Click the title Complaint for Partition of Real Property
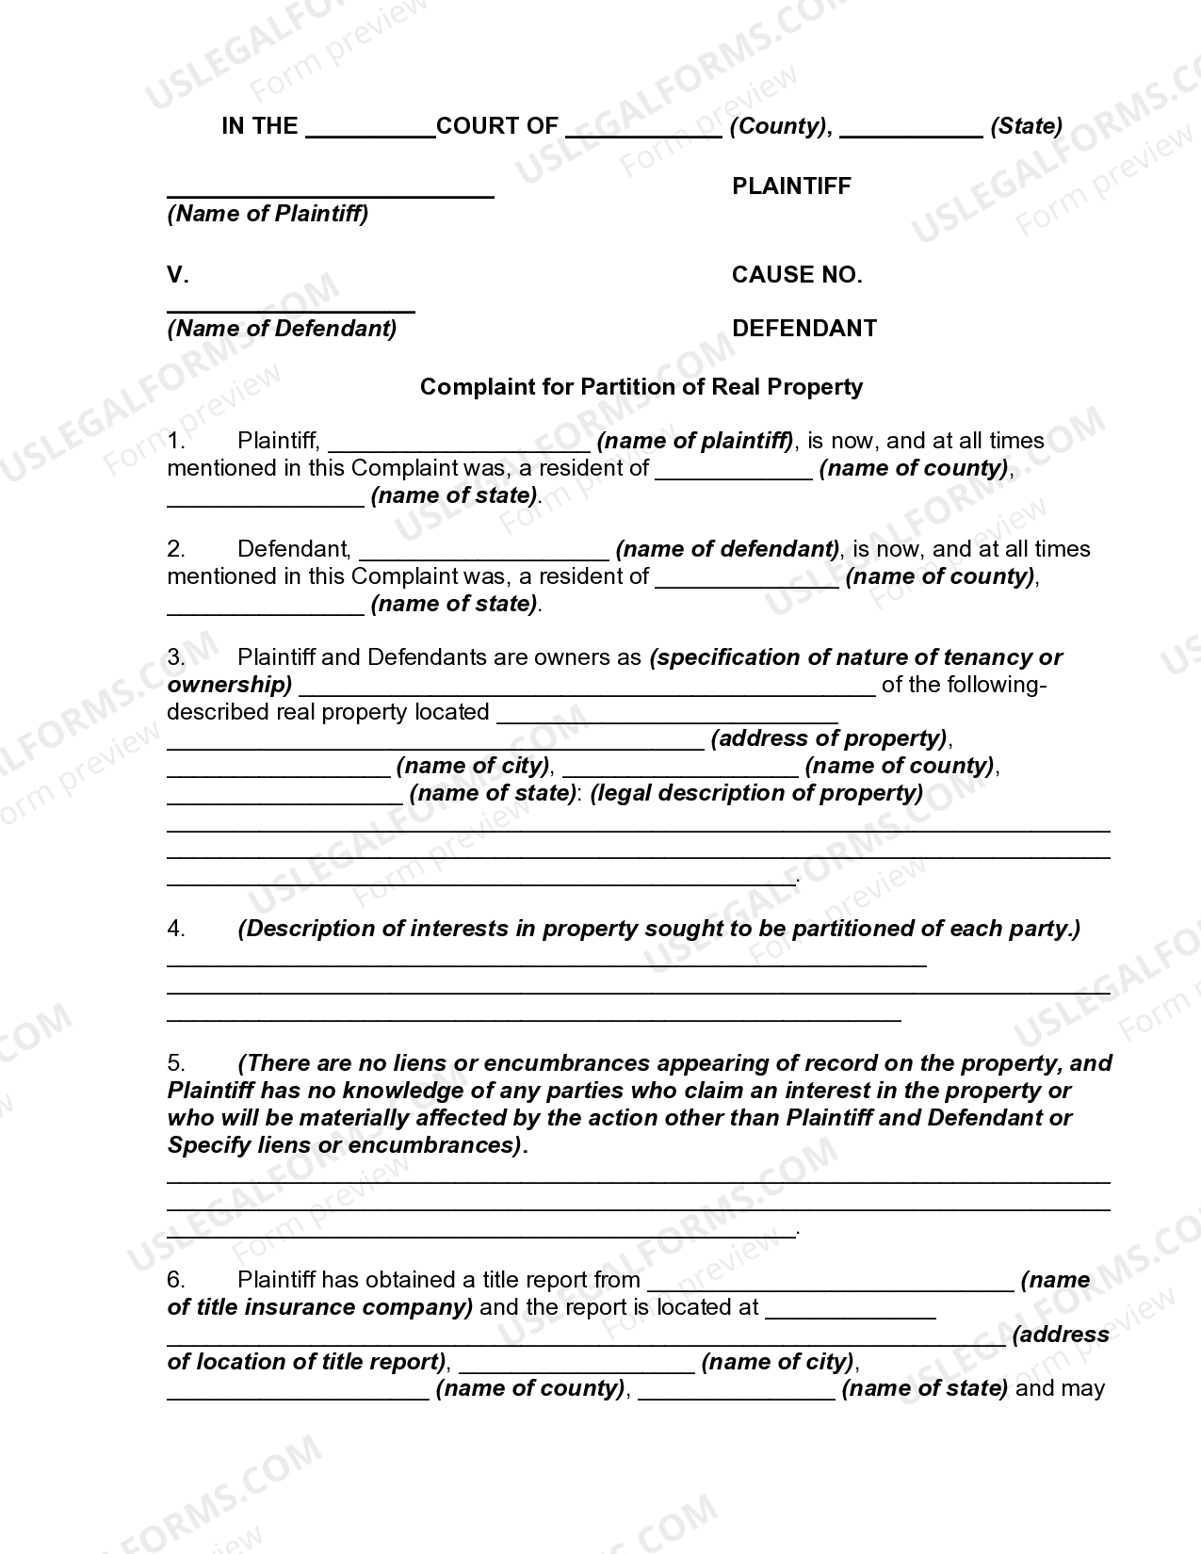(x=641, y=387)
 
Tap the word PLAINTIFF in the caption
(x=791, y=186)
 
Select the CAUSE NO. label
(x=797, y=275)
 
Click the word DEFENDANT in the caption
(x=803, y=329)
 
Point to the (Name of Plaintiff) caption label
(x=268, y=214)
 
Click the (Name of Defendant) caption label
(x=282, y=329)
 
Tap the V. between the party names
(x=178, y=275)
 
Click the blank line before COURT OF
(x=370, y=132)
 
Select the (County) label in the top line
(x=780, y=126)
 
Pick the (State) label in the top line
(x=1026, y=126)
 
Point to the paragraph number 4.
(x=176, y=929)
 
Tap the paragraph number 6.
(x=176, y=1280)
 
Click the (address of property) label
(x=829, y=738)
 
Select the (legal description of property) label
(x=756, y=793)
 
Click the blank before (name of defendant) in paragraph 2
(x=484, y=556)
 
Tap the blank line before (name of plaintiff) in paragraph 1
(x=459, y=447)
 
